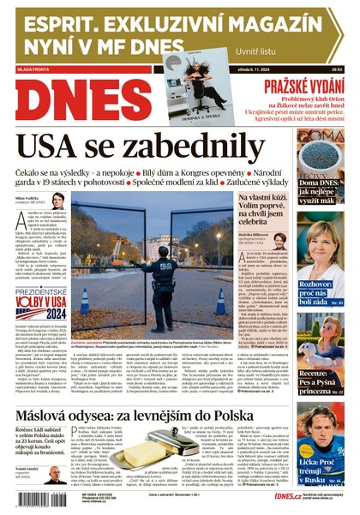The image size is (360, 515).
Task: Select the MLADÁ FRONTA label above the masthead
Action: [34, 69]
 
